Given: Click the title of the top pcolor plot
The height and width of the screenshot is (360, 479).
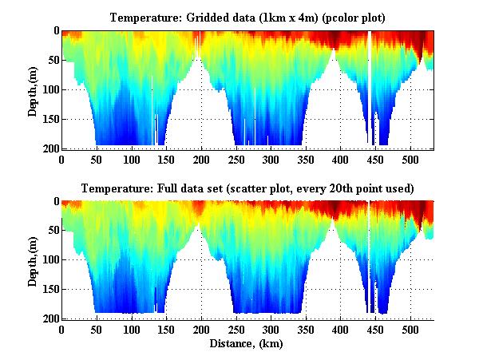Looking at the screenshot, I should click(247, 17).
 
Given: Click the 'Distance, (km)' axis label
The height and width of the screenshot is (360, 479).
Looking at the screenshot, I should click(247, 345).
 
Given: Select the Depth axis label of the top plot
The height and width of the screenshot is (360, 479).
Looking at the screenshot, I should click(33, 89).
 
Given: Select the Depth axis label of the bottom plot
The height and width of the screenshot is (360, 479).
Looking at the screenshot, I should click(33, 260).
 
